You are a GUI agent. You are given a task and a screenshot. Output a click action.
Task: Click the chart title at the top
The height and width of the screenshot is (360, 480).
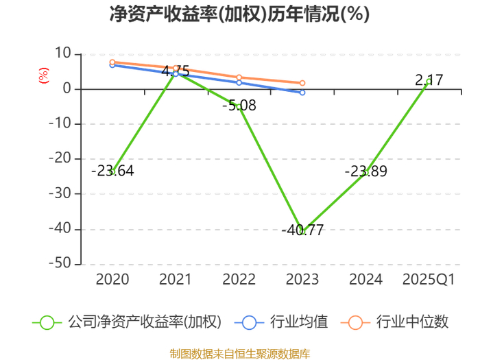click(239, 14)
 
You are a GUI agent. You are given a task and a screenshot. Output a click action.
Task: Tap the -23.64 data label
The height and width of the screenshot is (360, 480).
click(112, 171)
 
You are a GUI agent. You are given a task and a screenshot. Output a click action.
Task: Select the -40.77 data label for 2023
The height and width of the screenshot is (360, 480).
click(302, 230)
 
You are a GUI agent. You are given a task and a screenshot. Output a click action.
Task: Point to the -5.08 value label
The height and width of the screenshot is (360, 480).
click(239, 106)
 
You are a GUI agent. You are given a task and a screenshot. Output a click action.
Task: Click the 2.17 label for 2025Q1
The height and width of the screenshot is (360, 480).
click(429, 80)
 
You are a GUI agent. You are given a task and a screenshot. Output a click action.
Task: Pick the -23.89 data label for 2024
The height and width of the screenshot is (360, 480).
click(365, 171)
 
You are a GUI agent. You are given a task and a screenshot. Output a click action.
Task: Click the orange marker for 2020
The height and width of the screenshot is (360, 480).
click(112, 62)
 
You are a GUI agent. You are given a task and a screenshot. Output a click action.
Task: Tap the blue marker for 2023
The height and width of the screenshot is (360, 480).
click(302, 93)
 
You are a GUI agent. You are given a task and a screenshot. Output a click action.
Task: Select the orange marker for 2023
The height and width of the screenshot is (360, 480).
click(302, 83)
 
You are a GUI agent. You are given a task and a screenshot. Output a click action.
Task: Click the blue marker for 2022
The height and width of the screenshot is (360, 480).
click(239, 83)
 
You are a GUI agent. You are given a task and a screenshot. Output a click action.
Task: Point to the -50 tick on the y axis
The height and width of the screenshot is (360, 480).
click(60, 263)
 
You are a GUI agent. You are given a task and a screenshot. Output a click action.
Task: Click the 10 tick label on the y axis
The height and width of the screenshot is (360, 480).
click(63, 53)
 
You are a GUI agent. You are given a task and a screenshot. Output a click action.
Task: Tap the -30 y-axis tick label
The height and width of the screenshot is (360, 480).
click(60, 193)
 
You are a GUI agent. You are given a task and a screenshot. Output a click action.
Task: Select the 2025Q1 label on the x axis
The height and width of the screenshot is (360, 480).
click(429, 280)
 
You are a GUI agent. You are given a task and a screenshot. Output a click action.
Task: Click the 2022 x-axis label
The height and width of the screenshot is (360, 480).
click(239, 280)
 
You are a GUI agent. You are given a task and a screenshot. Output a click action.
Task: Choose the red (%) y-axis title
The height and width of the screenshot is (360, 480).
click(43, 75)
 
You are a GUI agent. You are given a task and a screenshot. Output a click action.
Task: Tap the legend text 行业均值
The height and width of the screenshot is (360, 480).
click(299, 322)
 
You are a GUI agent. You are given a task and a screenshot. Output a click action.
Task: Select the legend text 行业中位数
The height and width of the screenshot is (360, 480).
click(412, 322)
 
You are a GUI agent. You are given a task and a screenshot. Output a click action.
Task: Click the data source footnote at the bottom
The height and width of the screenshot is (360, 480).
click(240, 354)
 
